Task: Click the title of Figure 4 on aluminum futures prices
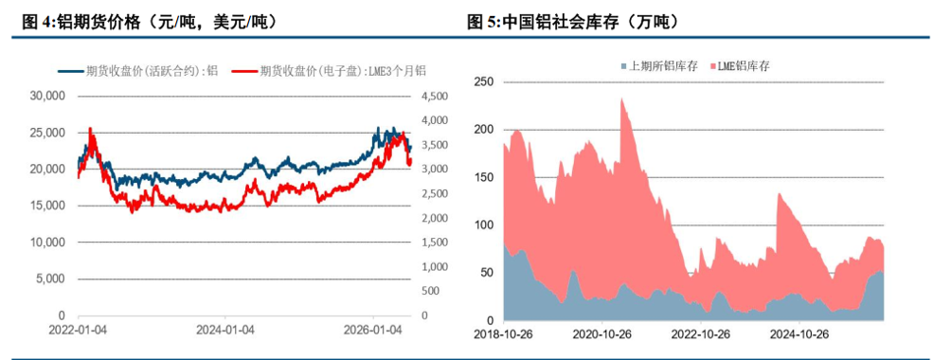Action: coord(150,23)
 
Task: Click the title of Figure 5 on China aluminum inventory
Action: coord(574,23)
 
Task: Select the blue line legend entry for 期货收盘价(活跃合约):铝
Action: coord(138,71)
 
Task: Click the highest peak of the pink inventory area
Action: coord(621,99)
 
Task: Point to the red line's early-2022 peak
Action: coord(90,128)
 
